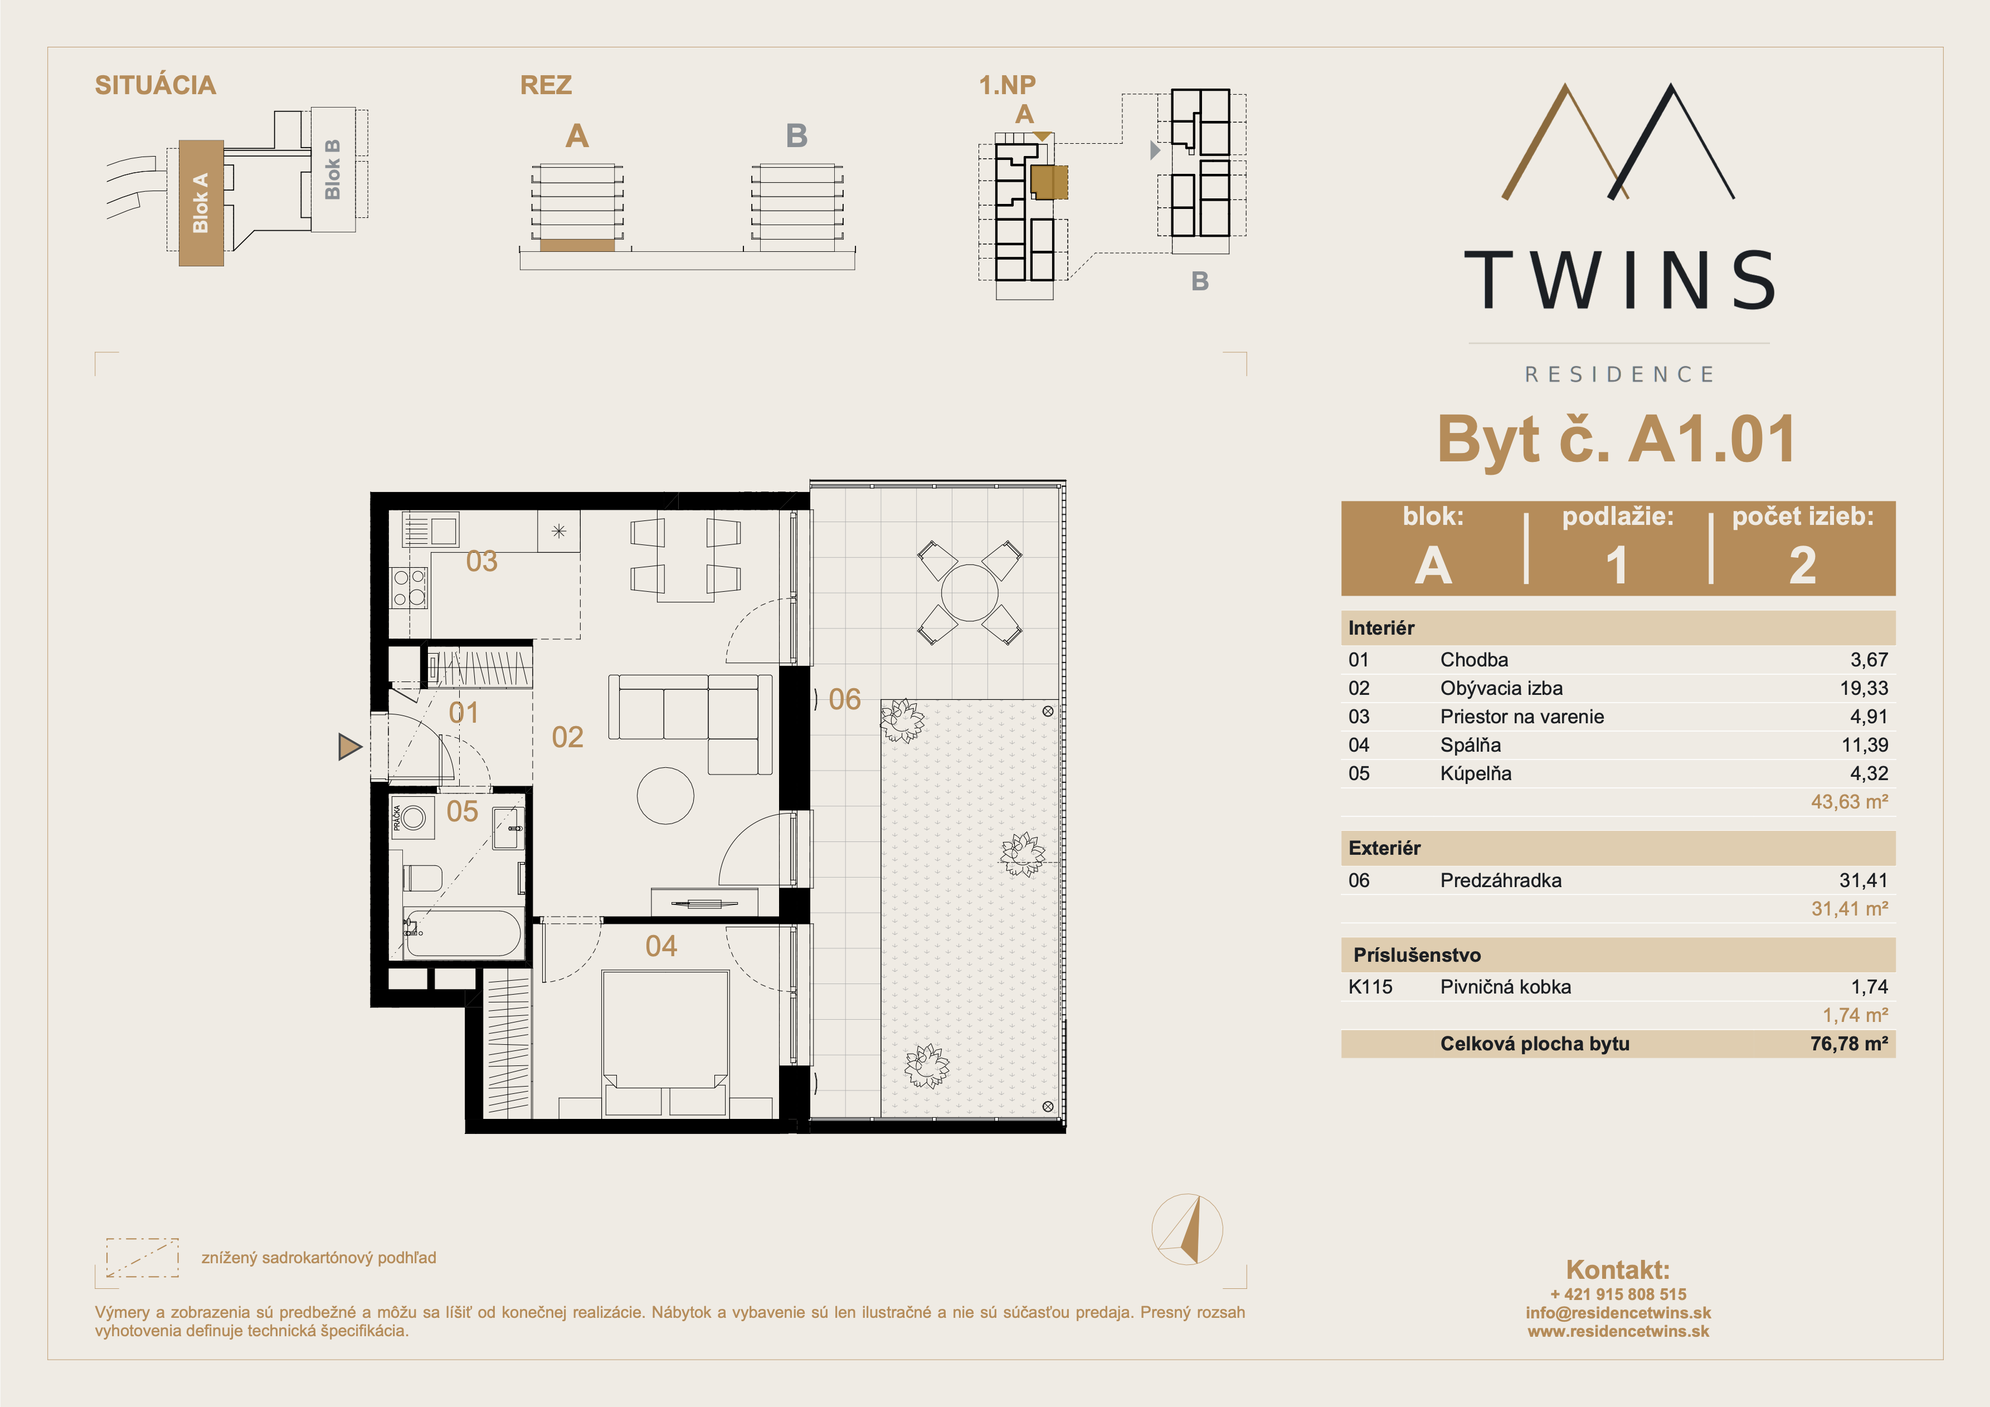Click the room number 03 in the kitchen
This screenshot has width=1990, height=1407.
pos(482,561)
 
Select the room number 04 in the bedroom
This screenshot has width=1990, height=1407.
pos(661,946)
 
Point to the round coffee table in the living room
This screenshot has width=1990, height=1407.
pos(665,796)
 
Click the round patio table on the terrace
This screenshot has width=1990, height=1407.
pos(970,593)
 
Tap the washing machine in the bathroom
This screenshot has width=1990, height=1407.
pos(412,817)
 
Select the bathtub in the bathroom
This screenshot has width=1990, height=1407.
pos(464,933)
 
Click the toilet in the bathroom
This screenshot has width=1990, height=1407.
pos(423,878)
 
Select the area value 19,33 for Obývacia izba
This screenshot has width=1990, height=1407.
pos(1864,688)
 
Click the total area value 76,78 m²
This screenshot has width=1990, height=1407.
pos(1848,1044)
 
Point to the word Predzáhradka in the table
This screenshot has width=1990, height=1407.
pos(1500,881)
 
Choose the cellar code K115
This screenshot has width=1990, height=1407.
pos(1370,986)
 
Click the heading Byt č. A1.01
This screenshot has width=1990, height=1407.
pos(1617,440)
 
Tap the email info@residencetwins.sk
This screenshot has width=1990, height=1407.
pos(1618,1312)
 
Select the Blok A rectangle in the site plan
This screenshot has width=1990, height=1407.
pos(201,203)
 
